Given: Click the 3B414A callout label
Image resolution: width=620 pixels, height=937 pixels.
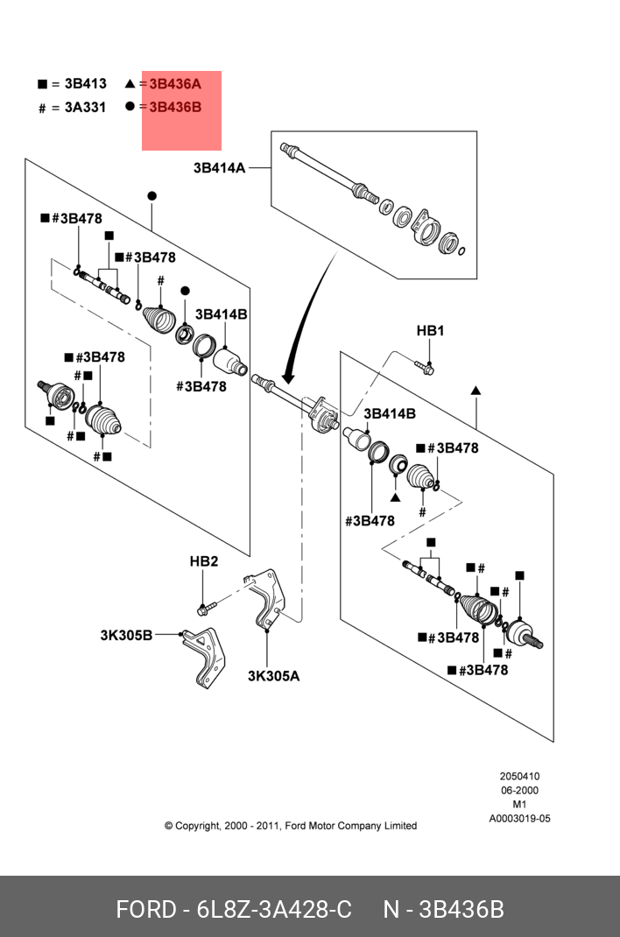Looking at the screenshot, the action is (x=219, y=168).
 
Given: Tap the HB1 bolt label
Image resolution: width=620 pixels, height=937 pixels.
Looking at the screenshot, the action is (x=430, y=330).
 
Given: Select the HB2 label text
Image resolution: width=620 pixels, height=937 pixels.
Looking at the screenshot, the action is (x=204, y=561).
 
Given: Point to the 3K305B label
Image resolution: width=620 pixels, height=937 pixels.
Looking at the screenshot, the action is (x=126, y=635).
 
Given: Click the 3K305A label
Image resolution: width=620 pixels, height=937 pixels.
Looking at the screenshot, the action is (x=273, y=676).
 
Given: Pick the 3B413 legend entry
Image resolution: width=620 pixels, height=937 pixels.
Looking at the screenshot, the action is (x=86, y=84).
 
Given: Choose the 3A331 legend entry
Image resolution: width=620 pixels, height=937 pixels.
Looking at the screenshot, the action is (x=85, y=107).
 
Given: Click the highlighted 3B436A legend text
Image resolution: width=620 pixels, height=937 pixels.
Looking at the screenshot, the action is (x=175, y=84).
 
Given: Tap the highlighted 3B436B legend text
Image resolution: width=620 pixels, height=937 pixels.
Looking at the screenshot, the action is (x=175, y=107).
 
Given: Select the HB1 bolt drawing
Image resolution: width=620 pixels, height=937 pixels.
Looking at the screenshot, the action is (x=424, y=366).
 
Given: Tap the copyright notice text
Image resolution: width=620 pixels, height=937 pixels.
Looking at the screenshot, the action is (x=290, y=826).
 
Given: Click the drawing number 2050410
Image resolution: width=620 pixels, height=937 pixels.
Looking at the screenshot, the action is (x=519, y=776).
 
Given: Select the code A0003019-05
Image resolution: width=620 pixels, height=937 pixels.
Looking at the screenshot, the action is (x=519, y=819).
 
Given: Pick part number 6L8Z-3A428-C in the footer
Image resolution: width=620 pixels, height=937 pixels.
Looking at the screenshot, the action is (x=274, y=910).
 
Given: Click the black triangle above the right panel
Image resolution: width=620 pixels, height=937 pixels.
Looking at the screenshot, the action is (x=476, y=391).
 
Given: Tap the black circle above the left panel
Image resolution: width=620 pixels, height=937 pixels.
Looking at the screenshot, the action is (x=152, y=195).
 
